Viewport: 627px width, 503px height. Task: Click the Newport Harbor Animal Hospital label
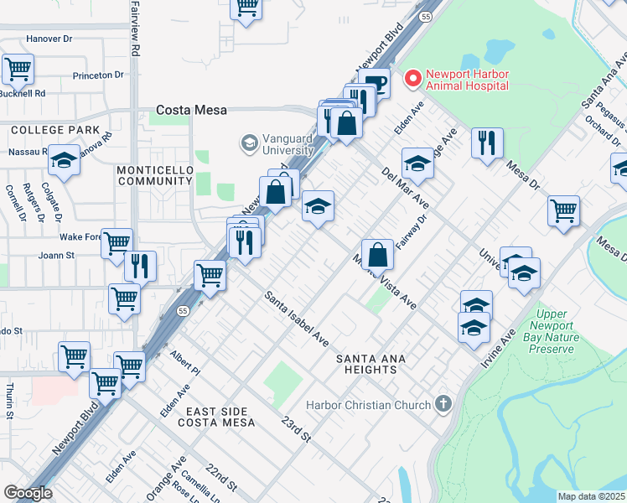467,80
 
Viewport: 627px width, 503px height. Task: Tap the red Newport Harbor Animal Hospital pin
412,79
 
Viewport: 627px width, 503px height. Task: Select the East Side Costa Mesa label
216,417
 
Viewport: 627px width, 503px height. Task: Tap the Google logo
28,493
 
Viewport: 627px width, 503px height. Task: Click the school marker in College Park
64,158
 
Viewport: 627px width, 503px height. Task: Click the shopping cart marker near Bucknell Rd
18,69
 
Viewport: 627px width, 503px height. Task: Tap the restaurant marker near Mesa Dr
486,143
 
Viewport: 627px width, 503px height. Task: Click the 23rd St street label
297,428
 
